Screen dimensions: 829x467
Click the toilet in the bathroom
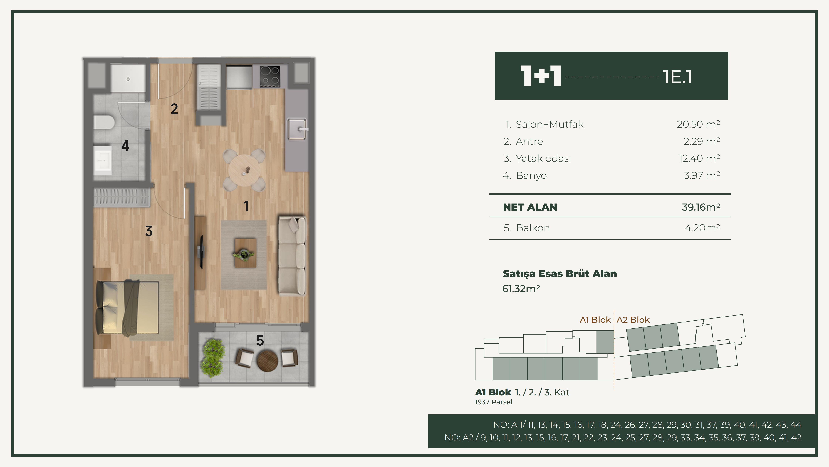pos(104,123)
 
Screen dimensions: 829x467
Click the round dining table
pos(245,170)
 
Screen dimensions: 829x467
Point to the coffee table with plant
pos(245,253)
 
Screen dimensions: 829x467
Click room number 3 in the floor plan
pos(149,231)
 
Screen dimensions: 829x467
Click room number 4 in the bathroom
pos(125,146)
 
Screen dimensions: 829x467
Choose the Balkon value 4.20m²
pos(702,228)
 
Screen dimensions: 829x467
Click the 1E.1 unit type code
pos(677,77)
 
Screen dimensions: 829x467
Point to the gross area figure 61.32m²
pos(521,289)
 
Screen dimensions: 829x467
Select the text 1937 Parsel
pos(494,402)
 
